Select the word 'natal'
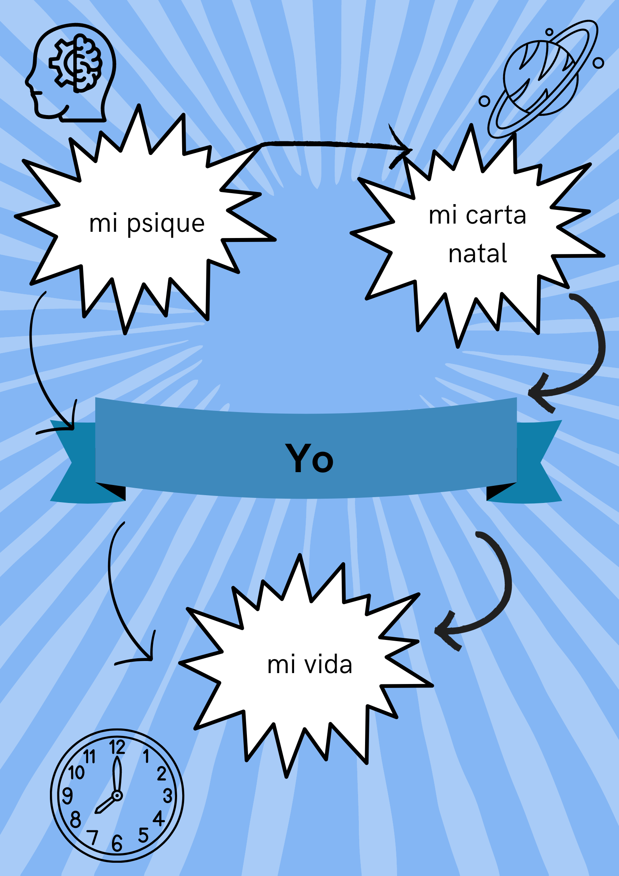point(477,254)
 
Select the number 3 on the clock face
point(168,796)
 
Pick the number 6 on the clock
point(117,843)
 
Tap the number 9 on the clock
point(67,796)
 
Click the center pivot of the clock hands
point(117,795)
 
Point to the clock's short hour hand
point(104,805)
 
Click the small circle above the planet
point(549,32)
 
